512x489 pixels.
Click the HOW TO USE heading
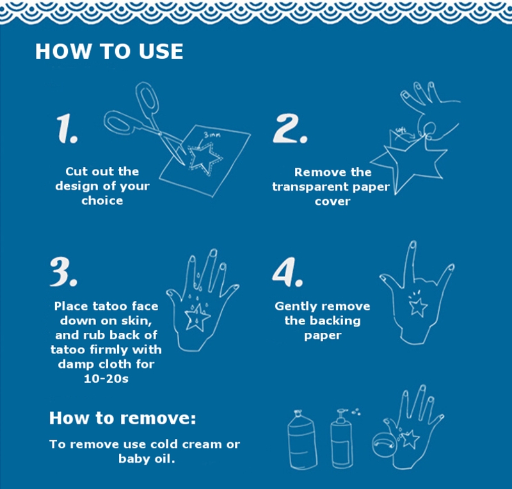[x=109, y=51]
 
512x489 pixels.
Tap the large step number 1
[x=67, y=129]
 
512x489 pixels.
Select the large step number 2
[x=290, y=129]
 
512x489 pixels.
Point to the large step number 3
[x=63, y=272]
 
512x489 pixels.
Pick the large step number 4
[x=287, y=272]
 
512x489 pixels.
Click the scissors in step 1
[x=143, y=124]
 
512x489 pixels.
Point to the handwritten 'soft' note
[x=401, y=131]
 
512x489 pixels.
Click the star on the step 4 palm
[x=419, y=307]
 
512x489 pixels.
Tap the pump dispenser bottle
[x=342, y=438]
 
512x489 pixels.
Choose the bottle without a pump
[x=302, y=439]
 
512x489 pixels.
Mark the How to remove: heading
[x=122, y=418]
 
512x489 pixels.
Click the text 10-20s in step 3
[x=106, y=379]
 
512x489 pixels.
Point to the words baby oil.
[x=147, y=459]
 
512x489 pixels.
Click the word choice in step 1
[x=102, y=200]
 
